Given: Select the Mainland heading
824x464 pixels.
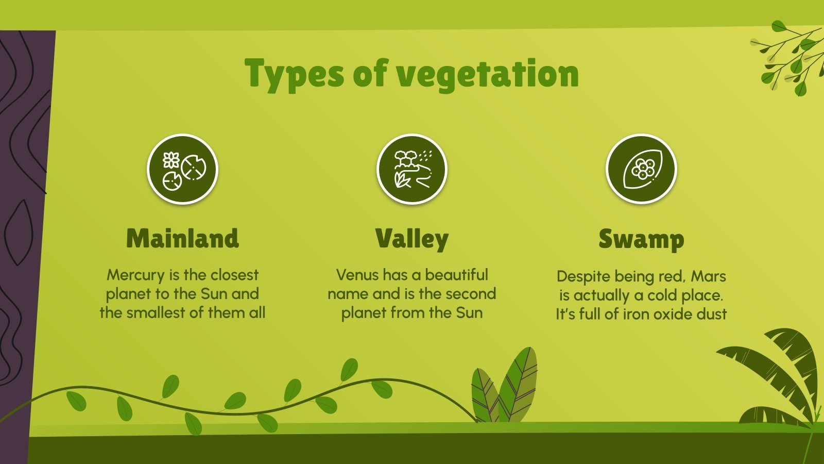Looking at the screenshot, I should click(x=182, y=239).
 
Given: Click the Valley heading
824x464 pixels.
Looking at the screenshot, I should click(x=411, y=239).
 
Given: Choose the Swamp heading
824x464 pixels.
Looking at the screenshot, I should click(x=641, y=239).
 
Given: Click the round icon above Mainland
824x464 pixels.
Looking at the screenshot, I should click(x=183, y=169).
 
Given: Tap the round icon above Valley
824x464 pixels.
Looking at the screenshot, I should click(x=412, y=169).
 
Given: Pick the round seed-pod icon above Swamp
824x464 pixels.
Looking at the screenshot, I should click(x=641, y=169).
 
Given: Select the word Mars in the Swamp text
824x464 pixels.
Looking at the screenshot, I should click(x=708, y=276).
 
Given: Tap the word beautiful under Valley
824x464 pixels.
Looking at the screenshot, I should click(x=456, y=275).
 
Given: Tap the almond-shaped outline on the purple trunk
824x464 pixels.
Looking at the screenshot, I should click(x=20, y=232).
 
